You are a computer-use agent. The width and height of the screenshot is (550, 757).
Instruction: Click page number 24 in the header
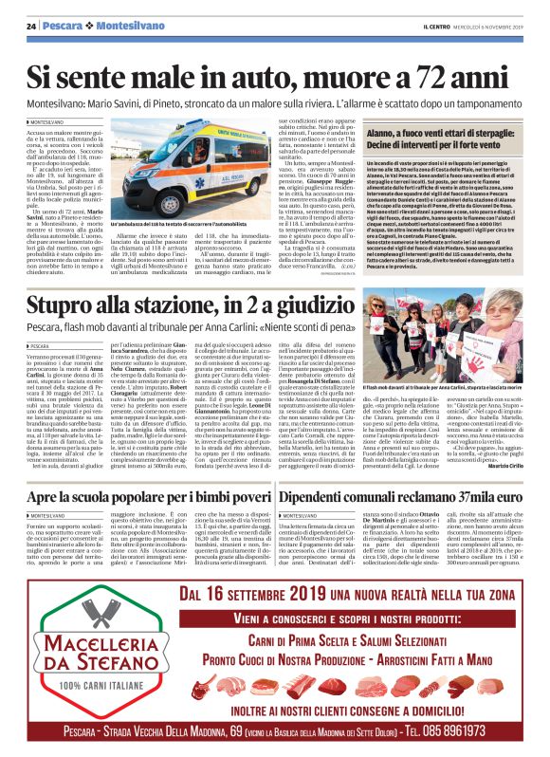30,25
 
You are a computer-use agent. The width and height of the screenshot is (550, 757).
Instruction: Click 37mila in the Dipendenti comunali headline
471,497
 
